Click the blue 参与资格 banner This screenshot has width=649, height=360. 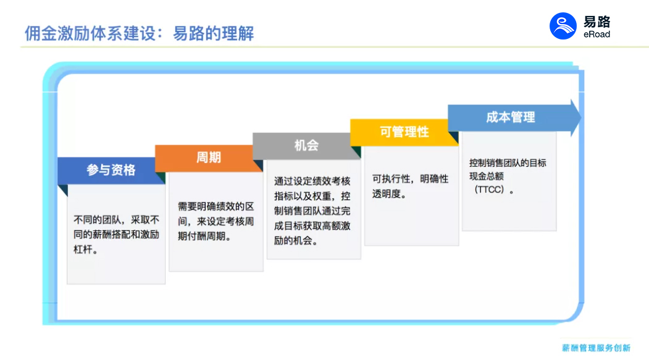tap(111, 170)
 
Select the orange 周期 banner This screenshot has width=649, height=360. tap(209, 157)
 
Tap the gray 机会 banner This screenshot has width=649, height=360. tap(307, 146)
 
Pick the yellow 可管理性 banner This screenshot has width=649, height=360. tap(404, 132)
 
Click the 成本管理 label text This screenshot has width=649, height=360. tap(510, 117)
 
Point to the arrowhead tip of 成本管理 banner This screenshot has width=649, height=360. tap(581, 118)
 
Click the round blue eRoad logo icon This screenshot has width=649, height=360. tap(563, 26)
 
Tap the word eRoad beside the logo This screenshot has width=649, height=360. tap(597, 35)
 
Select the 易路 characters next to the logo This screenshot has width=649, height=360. tap(597, 22)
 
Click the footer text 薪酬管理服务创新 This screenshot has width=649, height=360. tap(596, 348)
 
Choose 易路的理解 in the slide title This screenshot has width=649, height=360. tap(213, 33)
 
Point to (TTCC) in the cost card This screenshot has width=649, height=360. tap(489, 190)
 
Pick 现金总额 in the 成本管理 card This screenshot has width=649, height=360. tap(487, 176)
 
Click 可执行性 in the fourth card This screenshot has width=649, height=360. tap(391, 178)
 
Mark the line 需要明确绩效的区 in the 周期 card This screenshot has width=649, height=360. tap(216, 206)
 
